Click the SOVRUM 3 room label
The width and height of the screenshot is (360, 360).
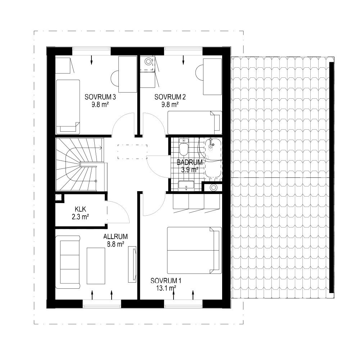pyautogui.click(x=100, y=97)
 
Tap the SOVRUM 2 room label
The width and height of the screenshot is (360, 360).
pyautogui.click(x=170, y=97)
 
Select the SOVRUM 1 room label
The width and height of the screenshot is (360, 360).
pyautogui.click(x=166, y=280)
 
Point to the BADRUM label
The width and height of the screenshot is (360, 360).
pyautogui.click(x=190, y=162)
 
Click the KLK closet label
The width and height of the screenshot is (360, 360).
pyautogui.click(x=80, y=209)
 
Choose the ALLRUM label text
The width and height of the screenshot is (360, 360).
pyautogui.click(x=116, y=237)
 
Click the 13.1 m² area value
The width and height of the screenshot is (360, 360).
pyautogui.click(x=166, y=288)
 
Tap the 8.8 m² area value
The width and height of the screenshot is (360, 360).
pyautogui.click(x=116, y=244)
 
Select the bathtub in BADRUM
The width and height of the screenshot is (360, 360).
pyautogui.click(x=213, y=158)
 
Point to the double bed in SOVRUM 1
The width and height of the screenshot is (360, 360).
pyautogui.click(x=194, y=250)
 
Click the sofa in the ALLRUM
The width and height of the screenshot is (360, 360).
pyautogui.click(x=68, y=262)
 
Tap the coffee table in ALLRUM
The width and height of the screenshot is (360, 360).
pyautogui.click(x=96, y=266)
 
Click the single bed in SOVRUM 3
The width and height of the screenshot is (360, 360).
pyautogui.click(x=68, y=107)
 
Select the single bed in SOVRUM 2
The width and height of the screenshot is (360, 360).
pyautogui.click(x=195, y=123)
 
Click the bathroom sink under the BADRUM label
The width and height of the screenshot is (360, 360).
pyautogui.click(x=186, y=186)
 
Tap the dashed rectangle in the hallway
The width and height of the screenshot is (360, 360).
pyautogui.click(x=132, y=152)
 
